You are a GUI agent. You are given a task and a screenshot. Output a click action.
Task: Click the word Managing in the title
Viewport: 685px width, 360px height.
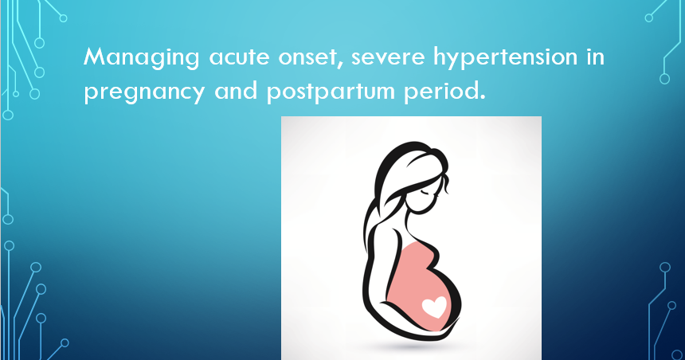pyautogui.click(x=132, y=58)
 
